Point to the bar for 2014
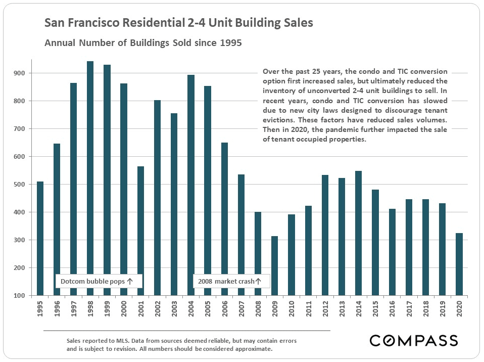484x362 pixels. tap(359, 233)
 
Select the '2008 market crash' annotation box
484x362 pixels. tap(231, 281)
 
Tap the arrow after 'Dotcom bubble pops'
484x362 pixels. tap(130, 281)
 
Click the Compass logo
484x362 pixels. tap(414, 340)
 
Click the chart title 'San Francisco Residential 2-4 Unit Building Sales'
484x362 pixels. tap(179, 23)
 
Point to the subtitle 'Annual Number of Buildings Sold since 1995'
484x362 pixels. tap(143, 43)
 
